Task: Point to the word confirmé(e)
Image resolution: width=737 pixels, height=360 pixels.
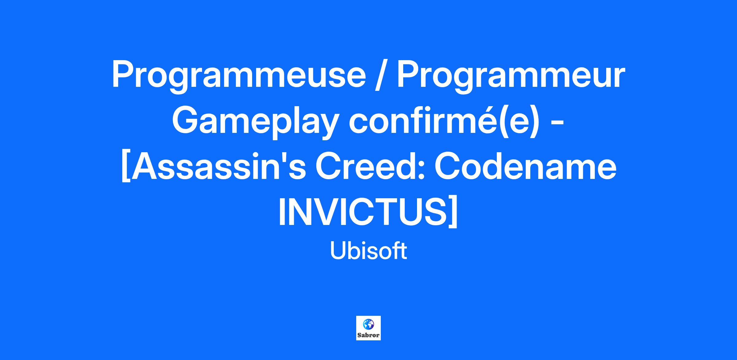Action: [x=444, y=122]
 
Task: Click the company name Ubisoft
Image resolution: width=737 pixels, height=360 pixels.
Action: [x=368, y=251]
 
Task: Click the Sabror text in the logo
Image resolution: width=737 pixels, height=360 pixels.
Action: [x=368, y=335]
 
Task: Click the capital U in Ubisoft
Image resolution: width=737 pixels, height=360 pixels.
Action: [x=338, y=251]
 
